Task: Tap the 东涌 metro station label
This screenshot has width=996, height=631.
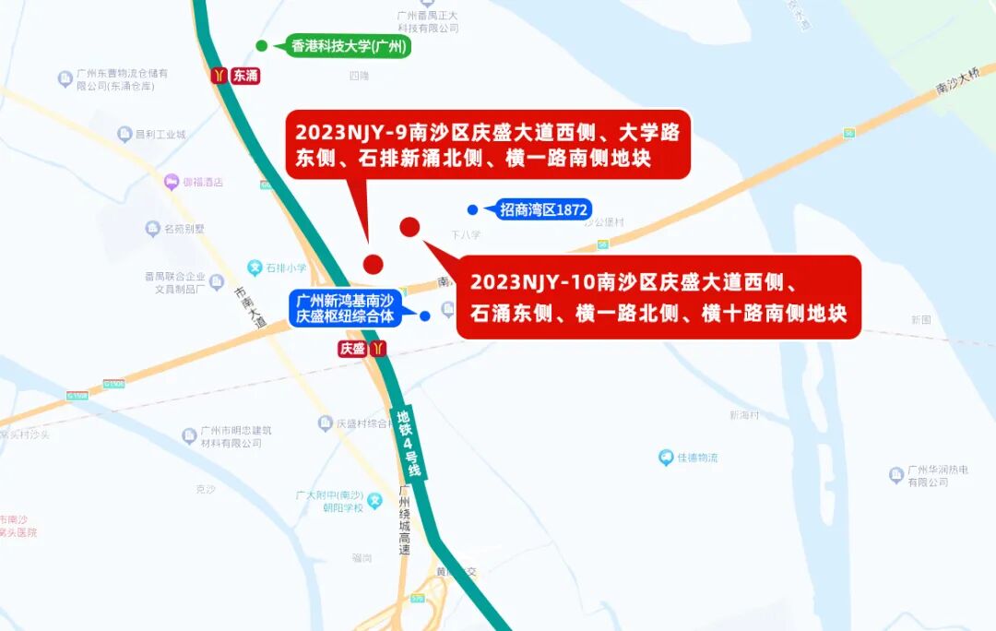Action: coord(245,76)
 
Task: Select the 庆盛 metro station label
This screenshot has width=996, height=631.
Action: coord(352,349)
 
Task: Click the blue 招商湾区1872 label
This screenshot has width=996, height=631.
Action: coord(543,209)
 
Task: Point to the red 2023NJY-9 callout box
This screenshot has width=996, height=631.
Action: coord(487,145)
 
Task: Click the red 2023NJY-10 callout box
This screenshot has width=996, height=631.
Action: coord(658,297)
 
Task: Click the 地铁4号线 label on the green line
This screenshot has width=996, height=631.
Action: coord(409,443)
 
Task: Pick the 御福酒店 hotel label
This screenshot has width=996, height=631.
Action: coord(202,182)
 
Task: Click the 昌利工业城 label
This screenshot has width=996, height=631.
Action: coord(160,135)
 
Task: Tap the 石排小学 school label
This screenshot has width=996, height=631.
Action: coord(285,268)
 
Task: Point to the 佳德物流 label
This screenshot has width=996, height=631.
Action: coord(697,458)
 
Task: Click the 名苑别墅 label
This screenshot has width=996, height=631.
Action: coord(184,229)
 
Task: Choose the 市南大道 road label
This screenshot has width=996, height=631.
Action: coord(250,308)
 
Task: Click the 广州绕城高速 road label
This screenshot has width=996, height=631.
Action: coord(404,520)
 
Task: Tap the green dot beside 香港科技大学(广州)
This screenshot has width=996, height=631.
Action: coord(262,46)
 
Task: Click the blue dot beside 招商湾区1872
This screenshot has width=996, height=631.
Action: coord(472,209)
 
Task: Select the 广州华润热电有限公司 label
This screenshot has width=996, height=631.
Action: coord(937,476)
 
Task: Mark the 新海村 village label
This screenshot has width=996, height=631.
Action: coord(743,415)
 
